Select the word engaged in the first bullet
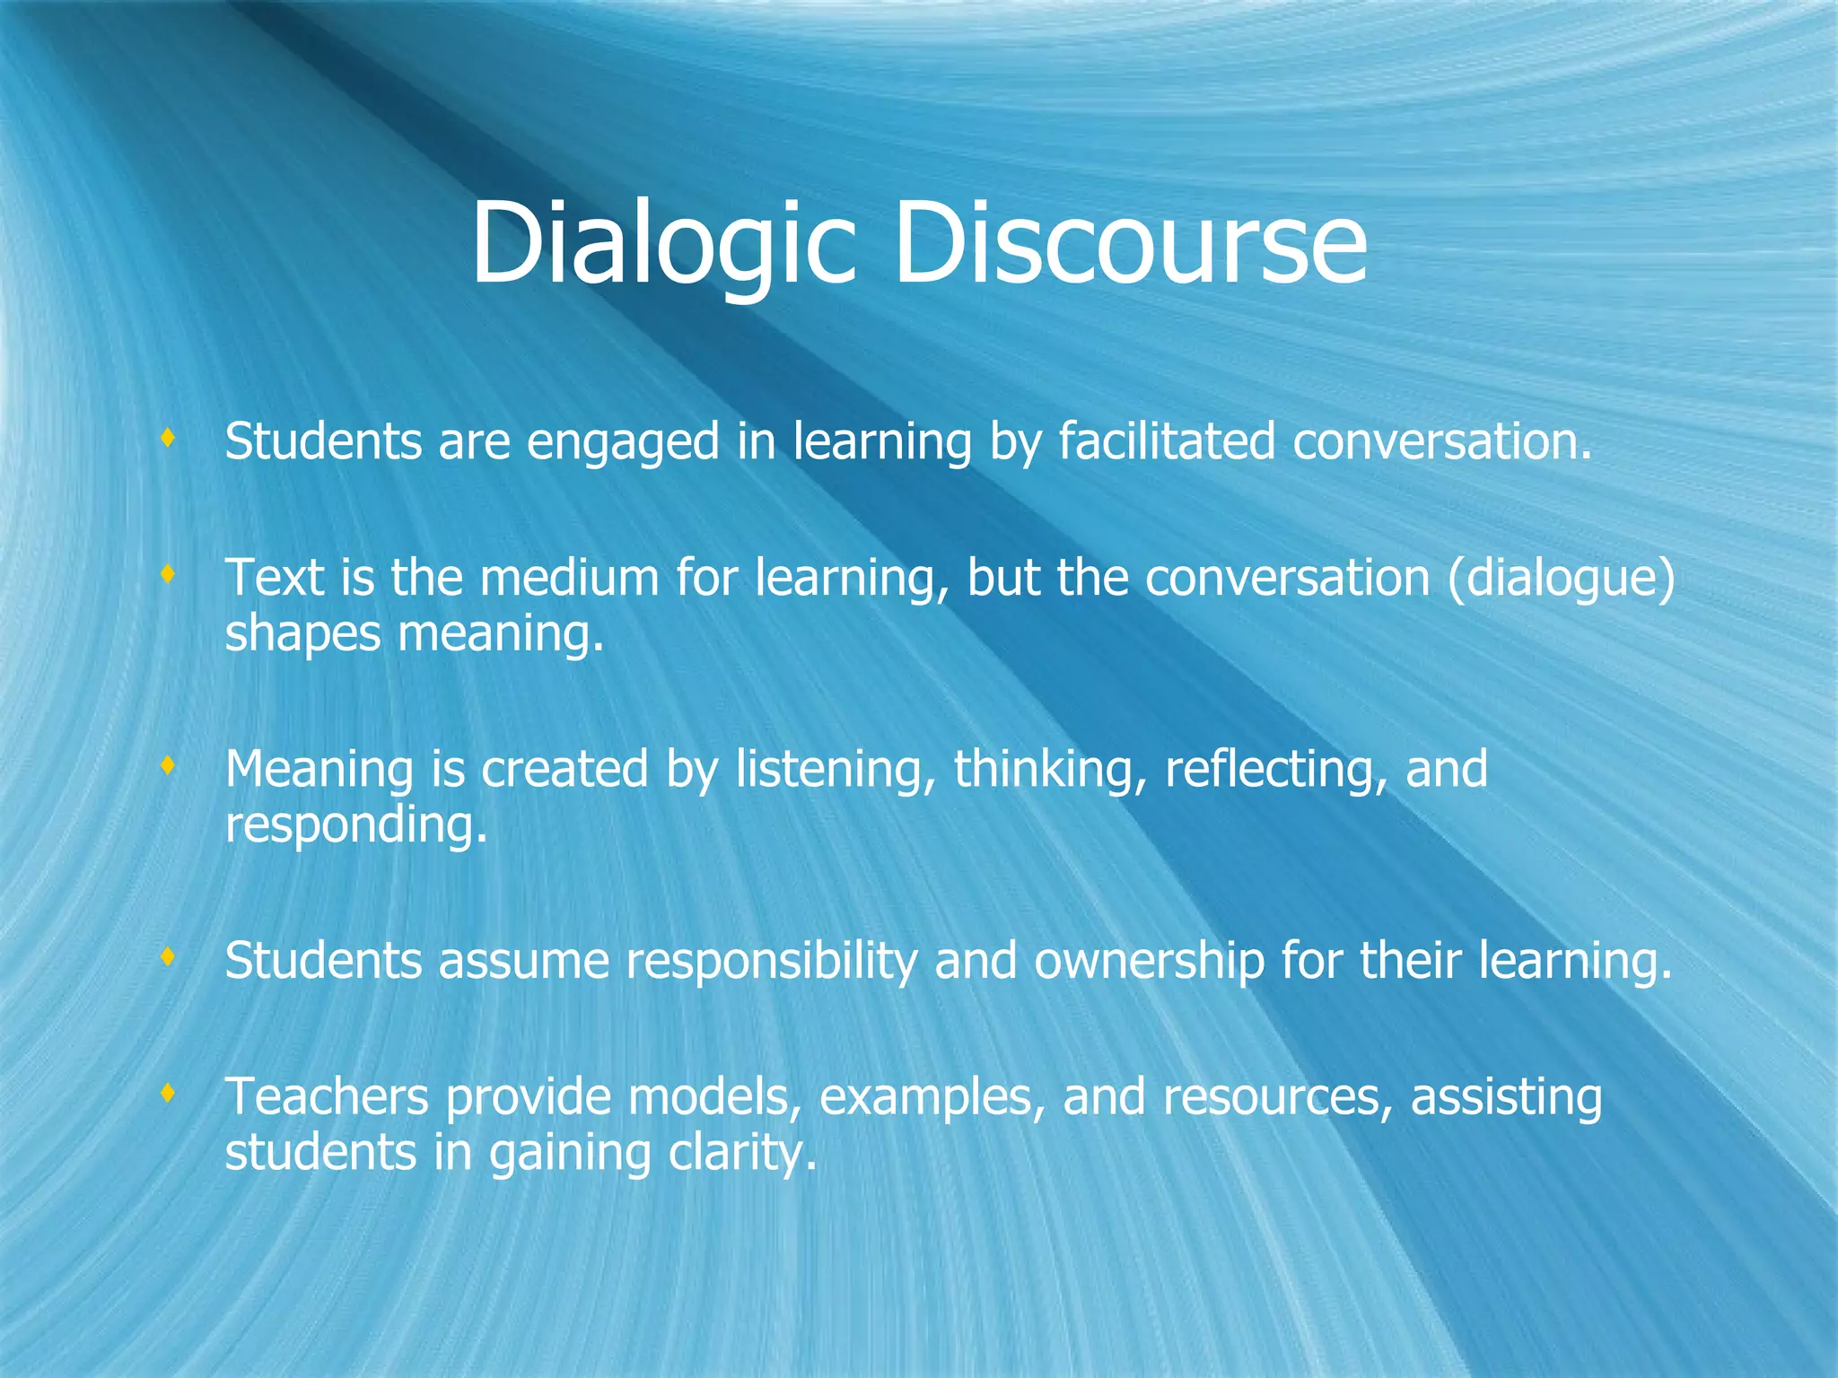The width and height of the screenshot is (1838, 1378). pyautogui.click(x=623, y=443)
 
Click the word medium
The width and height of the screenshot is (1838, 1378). pyautogui.click(x=570, y=579)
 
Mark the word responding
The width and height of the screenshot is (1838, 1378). pyautogui.click(x=355, y=825)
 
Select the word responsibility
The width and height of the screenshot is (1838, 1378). pyautogui.click(x=772, y=962)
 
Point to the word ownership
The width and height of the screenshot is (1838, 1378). pyautogui.click(x=1149, y=962)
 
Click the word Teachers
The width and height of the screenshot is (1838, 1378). pyautogui.click(x=327, y=1097)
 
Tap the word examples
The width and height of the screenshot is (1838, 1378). pyautogui.click(x=932, y=1099)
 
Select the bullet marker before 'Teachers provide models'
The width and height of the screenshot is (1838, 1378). pyautogui.click(x=167, y=1093)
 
